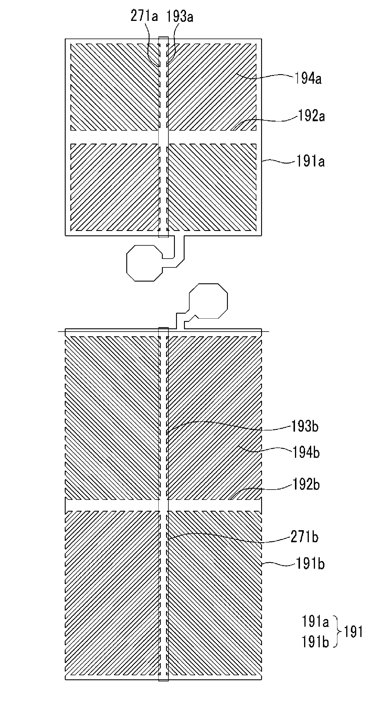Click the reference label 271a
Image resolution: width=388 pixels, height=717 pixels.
pyautogui.click(x=144, y=16)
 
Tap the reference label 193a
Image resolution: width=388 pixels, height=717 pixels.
pyautogui.click(x=180, y=17)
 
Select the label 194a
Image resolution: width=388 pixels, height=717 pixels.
pyautogui.click(x=308, y=79)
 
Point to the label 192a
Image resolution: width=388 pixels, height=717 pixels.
pyautogui.click(x=311, y=116)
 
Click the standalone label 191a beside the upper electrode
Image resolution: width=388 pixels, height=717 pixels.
pyautogui.click(x=310, y=162)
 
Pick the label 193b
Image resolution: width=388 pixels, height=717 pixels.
pyautogui.click(x=305, y=426)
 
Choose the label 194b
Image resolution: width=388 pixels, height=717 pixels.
pyautogui.click(x=306, y=453)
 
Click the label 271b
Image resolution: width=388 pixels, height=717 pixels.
pyautogui.click(x=304, y=537)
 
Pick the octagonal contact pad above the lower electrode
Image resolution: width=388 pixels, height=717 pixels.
pyautogui.click(x=208, y=301)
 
